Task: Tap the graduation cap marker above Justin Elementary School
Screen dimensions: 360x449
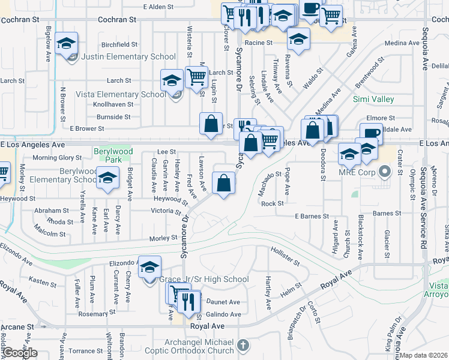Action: [x=67, y=44]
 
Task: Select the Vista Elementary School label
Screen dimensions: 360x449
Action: [x=121, y=94]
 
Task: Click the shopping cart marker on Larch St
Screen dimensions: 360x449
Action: [x=196, y=77]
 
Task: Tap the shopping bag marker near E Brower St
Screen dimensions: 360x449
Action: [x=211, y=124]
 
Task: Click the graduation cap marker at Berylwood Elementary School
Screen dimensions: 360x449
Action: [x=107, y=179]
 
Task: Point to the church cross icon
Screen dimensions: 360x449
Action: [x=243, y=345]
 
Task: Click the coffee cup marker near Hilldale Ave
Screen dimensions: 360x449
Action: [x=371, y=134]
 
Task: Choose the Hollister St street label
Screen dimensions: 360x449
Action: [x=285, y=256]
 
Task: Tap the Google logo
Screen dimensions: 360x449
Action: [x=20, y=353]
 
